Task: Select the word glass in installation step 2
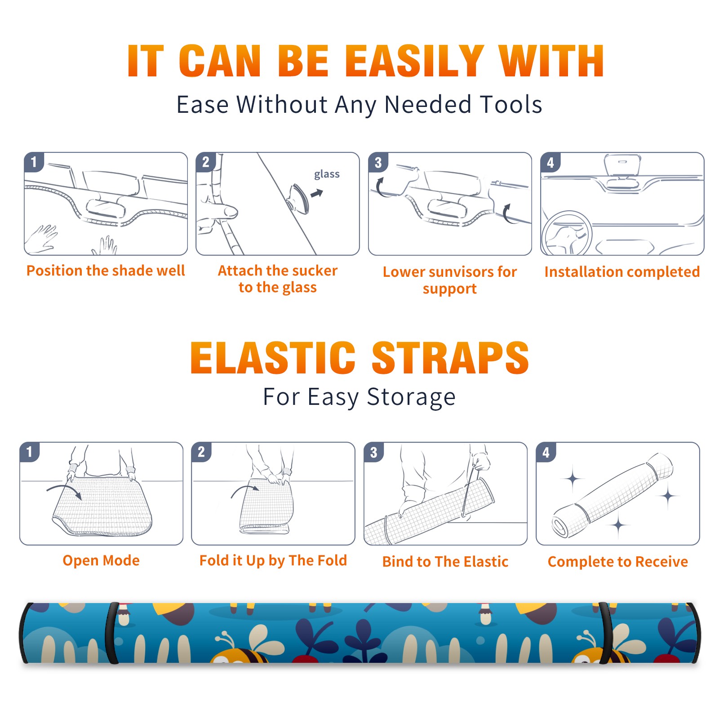[327, 174]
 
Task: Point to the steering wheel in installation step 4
[566, 234]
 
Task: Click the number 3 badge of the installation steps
[378, 162]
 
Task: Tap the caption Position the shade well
[106, 271]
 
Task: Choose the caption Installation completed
[622, 272]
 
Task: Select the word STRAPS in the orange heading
[450, 358]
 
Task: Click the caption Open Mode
[101, 560]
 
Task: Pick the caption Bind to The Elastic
[445, 562]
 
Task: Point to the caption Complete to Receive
[618, 562]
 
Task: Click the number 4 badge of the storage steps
[546, 452]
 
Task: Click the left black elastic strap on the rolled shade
[112, 633]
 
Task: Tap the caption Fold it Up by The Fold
[273, 561]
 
